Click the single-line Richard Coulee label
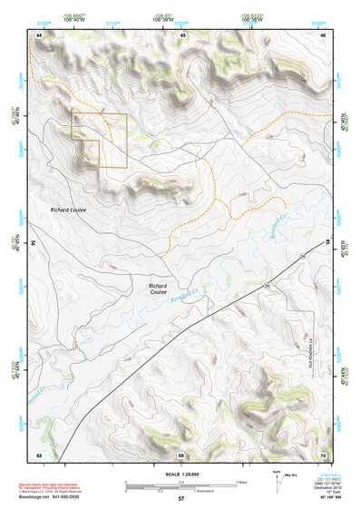[x=67, y=209]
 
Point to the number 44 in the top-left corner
[x=39, y=34]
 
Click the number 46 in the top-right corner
[x=324, y=34]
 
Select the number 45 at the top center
[x=182, y=34]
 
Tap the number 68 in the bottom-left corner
[x=39, y=454]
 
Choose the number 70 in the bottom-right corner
[x=324, y=454]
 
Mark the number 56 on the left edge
[x=34, y=243]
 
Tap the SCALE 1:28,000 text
[x=180, y=475]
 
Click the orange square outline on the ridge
[x=100, y=141]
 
